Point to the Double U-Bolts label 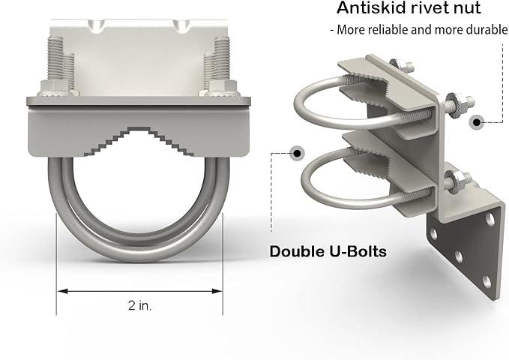pyautogui.click(x=328, y=251)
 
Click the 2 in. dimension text pyautogui.click(x=140, y=305)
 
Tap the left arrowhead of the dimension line pyautogui.click(x=62, y=291)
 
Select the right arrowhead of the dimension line pyautogui.click(x=217, y=291)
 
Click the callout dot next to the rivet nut pyautogui.click(x=477, y=122)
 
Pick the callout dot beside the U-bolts pyautogui.click(x=298, y=153)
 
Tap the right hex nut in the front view pyautogui.click(x=219, y=88)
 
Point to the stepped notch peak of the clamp pyautogui.click(x=139, y=129)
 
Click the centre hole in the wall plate pyautogui.click(x=458, y=257)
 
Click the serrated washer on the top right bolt pyautogui.click(x=451, y=100)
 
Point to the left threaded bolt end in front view pyautogui.click(x=55, y=59)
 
